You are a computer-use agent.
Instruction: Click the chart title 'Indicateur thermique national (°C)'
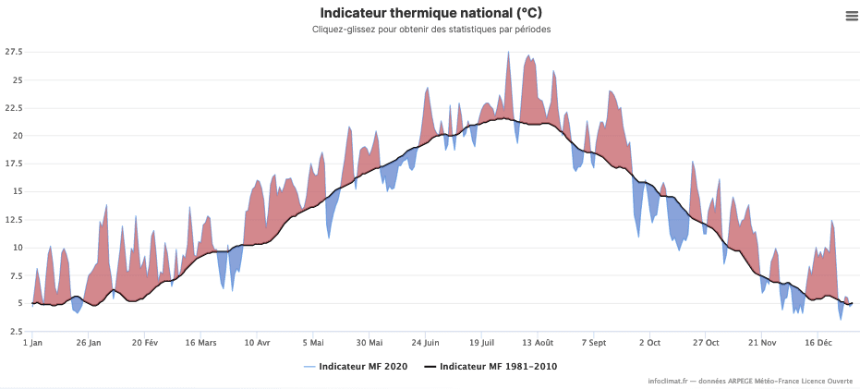click(430, 13)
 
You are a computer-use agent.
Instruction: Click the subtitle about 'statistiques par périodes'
click(430, 30)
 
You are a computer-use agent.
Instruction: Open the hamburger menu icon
click(851, 15)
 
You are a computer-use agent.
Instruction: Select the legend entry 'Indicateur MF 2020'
click(357, 367)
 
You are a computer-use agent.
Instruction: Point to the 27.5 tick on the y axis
click(14, 52)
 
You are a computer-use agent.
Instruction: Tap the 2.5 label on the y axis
click(16, 331)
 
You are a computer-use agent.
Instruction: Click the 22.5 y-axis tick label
click(14, 107)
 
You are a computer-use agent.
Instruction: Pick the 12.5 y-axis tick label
click(14, 219)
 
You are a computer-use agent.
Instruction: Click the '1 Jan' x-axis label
click(32, 342)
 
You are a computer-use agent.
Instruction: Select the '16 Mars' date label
click(200, 342)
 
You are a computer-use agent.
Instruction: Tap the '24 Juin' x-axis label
click(425, 342)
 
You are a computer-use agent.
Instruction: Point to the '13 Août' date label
click(537, 342)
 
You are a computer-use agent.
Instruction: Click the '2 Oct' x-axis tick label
click(649, 342)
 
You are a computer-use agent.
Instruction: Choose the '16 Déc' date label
click(818, 342)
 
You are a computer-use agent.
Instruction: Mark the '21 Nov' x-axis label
click(761, 342)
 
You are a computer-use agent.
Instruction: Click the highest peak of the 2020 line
click(508, 53)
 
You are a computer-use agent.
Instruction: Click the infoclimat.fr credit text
click(750, 381)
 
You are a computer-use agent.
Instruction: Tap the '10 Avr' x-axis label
click(257, 342)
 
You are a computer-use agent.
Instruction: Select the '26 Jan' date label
click(89, 342)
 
